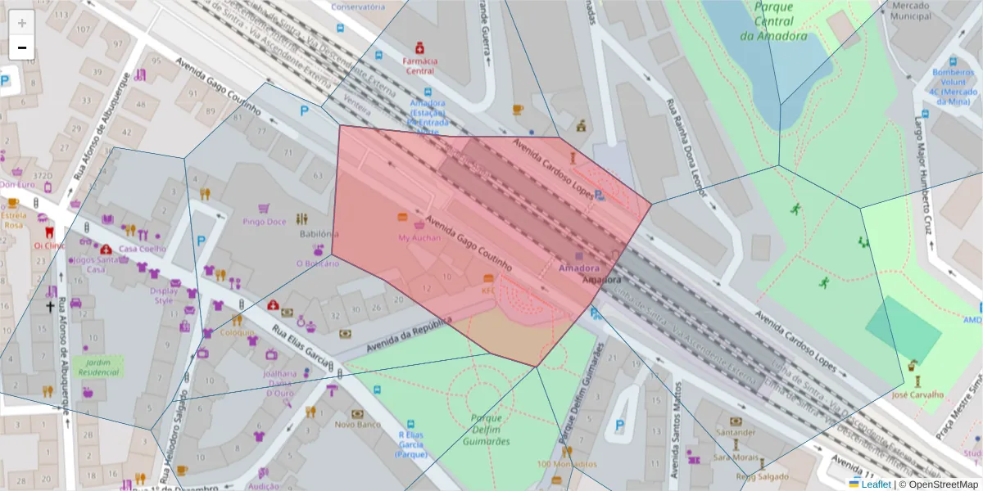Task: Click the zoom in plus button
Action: pyautogui.click(x=21, y=23)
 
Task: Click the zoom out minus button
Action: pyautogui.click(x=21, y=47)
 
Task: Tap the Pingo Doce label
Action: pyautogui.click(x=265, y=222)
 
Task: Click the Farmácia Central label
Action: pyautogui.click(x=419, y=65)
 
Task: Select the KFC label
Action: pyautogui.click(x=488, y=290)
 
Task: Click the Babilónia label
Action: pyautogui.click(x=319, y=233)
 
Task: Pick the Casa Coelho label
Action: pyautogui.click(x=143, y=249)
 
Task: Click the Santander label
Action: pyautogui.click(x=735, y=432)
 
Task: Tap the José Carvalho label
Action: pyautogui.click(x=918, y=394)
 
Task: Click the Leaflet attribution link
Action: pyautogui.click(x=876, y=484)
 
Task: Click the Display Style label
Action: pyautogui.click(x=164, y=295)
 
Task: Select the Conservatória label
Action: pyautogui.click(x=358, y=7)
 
